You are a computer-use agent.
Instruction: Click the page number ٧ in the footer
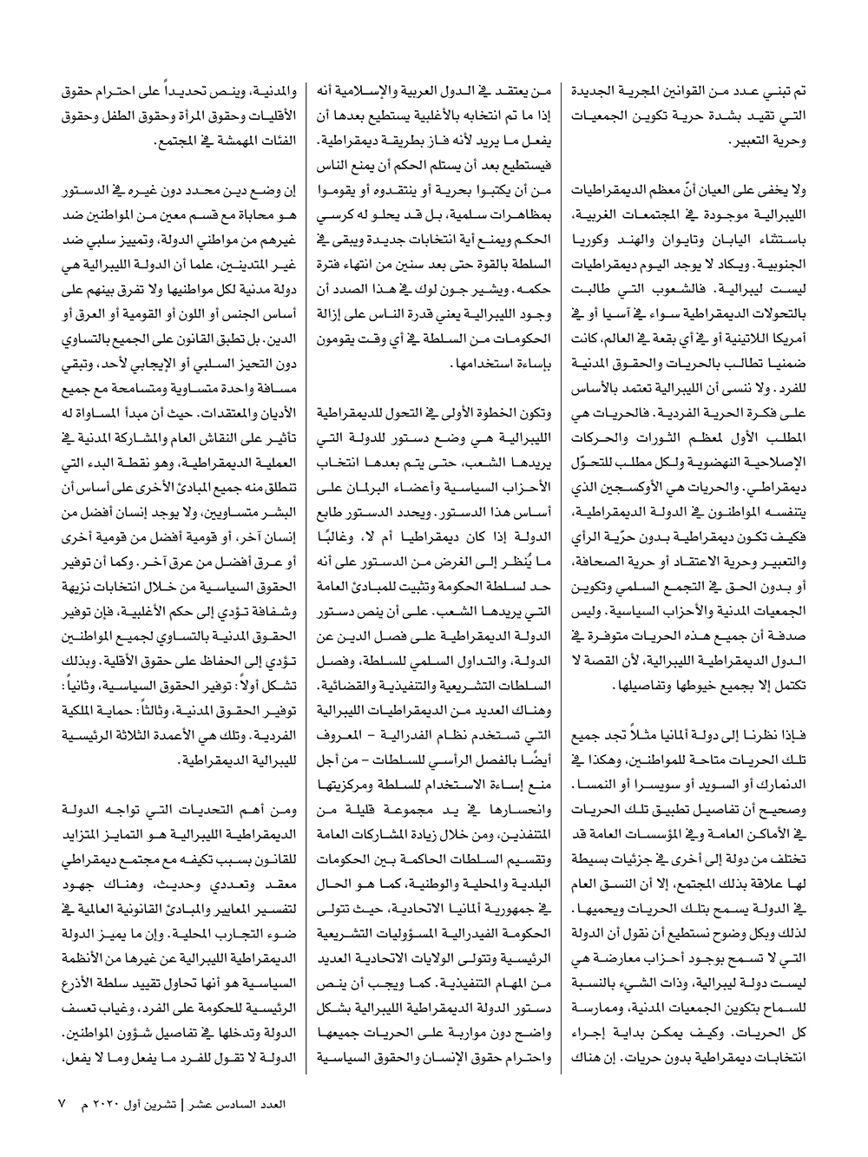click(62, 1103)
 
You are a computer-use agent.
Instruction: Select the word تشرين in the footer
click(196, 1104)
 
